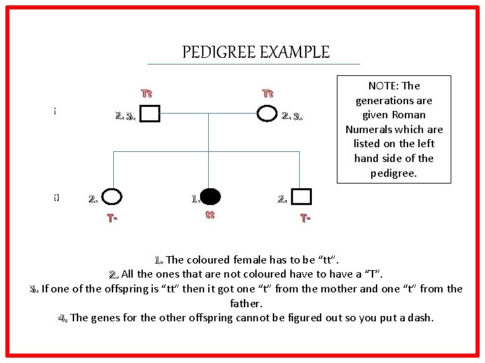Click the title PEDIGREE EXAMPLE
tap(255, 52)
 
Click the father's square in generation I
tap(150, 114)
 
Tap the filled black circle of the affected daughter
tap(211, 196)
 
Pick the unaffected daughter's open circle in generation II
tap(112, 197)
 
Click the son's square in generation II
tap(302, 196)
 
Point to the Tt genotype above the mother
tap(267, 92)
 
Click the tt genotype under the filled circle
tap(209, 215)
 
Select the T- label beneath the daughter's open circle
tap(113, 218)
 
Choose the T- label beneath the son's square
tap(305, 218)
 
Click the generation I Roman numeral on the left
tap(54, 112)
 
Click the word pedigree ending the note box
tap(394, 173)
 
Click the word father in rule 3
tap(245, 303)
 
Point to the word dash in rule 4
tap(420, 317)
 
